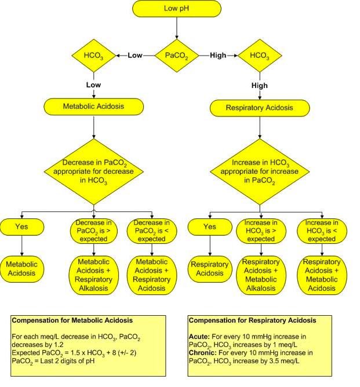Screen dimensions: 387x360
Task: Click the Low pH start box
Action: (x=176, y=9)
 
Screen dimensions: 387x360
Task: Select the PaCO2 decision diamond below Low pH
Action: (x=176, y=55)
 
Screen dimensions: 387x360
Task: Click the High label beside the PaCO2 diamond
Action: (x=218, y=55)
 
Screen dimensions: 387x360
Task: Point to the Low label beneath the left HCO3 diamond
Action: (x=93, y=85)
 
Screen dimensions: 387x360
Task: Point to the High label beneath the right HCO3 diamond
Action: (x=259, y=86)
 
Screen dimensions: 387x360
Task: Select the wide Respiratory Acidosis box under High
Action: (x=259, y=107)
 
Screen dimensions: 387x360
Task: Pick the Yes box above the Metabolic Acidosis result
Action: (x=22, y=227)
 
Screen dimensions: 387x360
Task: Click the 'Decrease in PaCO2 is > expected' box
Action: (x=94, y=230)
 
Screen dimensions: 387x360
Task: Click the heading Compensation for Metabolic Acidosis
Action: (x=72, y=320)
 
